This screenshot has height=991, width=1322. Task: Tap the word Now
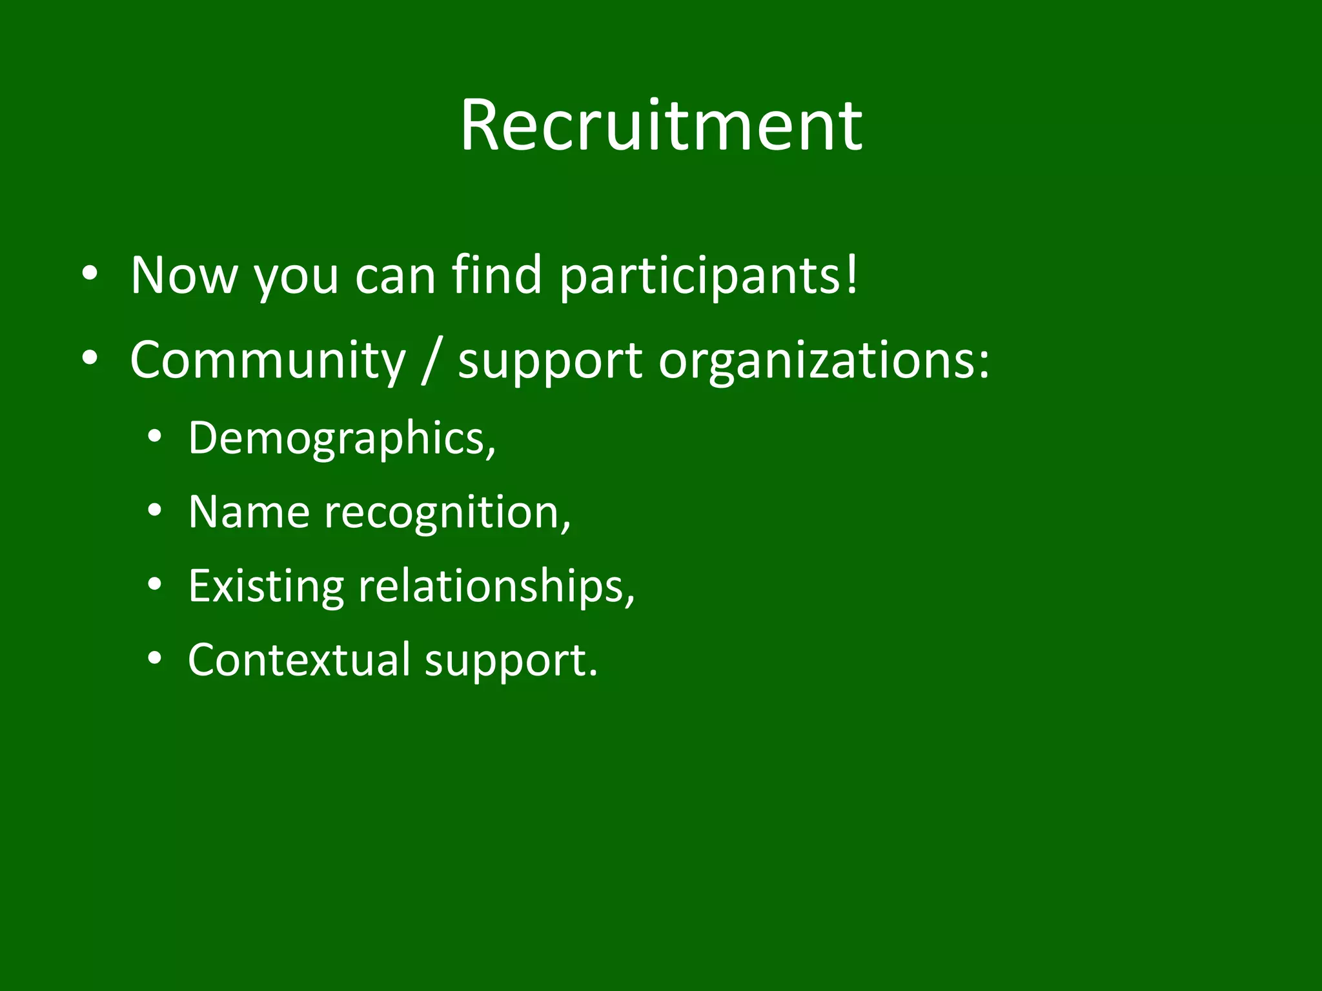point(184,275)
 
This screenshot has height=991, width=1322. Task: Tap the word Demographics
point(337,439)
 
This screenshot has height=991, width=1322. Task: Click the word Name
point(249,512)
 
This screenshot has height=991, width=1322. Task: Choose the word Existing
point(266,586)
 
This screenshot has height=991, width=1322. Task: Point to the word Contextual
point(299,660)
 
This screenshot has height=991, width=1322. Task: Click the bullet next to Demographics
point(154,438)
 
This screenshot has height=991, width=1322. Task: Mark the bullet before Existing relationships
point(154,585)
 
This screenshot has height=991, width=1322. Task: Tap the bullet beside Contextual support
point(154,659)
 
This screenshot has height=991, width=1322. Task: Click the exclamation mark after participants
point(852,274)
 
